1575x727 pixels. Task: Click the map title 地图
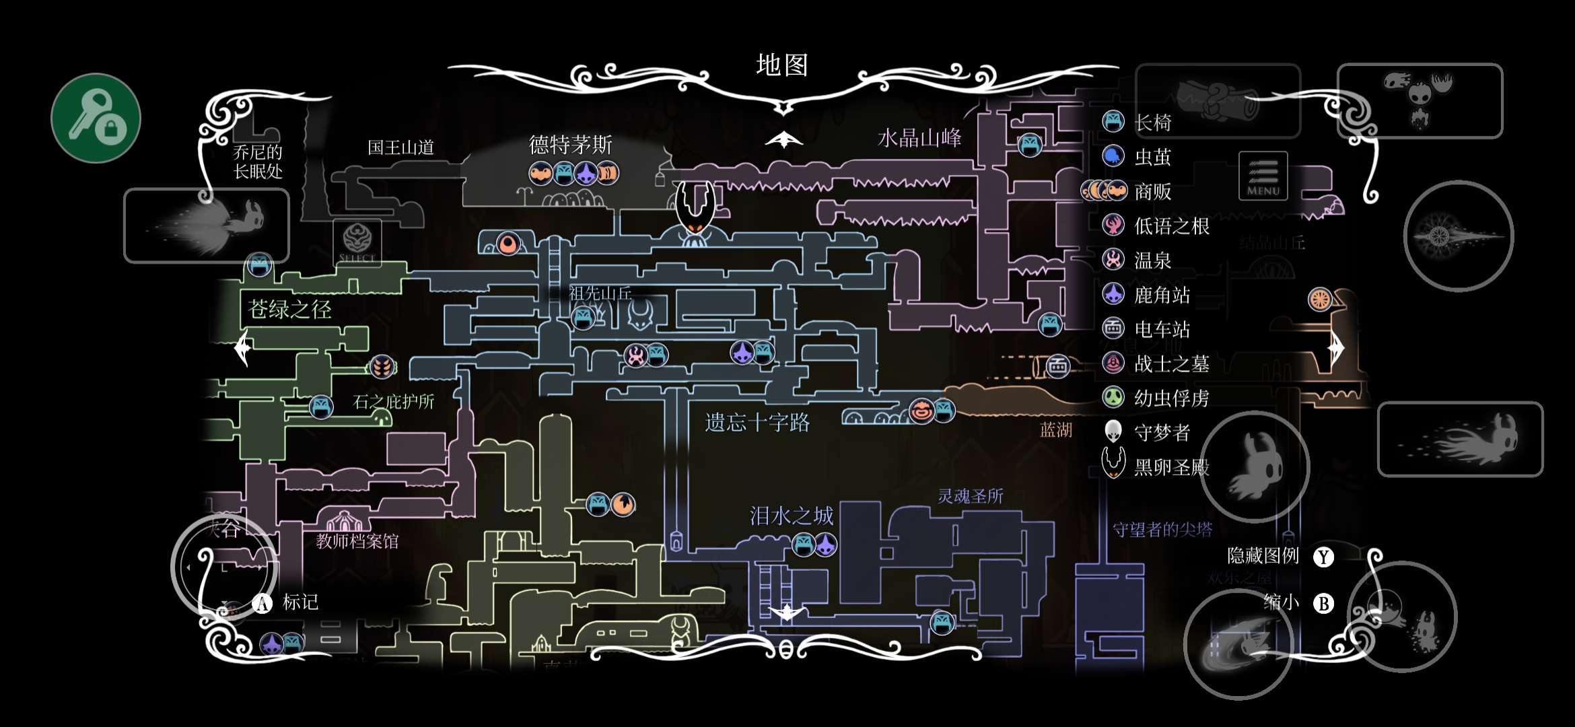point(781,65)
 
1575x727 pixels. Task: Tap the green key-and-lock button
point(96,118)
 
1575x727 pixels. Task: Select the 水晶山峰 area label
point(919,139)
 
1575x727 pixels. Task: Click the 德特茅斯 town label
point(570,144)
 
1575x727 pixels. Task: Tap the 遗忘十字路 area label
point(757,423)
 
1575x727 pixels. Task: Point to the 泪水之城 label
point(792,516)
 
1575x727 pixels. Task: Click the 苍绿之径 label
point(289,310)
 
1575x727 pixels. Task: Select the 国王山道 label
point(400,147)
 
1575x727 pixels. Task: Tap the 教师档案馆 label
point(357,541)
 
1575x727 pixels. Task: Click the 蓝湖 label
point(1055,430)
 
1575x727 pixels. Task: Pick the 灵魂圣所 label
point(970,496)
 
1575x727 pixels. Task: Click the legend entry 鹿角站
point(1162,295)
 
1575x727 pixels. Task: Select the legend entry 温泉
point(1152,261)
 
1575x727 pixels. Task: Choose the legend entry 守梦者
point(1162,432)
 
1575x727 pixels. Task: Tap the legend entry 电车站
point(1162,329)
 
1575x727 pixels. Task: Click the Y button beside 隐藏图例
point(1323,557)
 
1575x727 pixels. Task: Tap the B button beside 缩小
point(1323,603)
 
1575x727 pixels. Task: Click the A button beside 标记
point(262,603)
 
